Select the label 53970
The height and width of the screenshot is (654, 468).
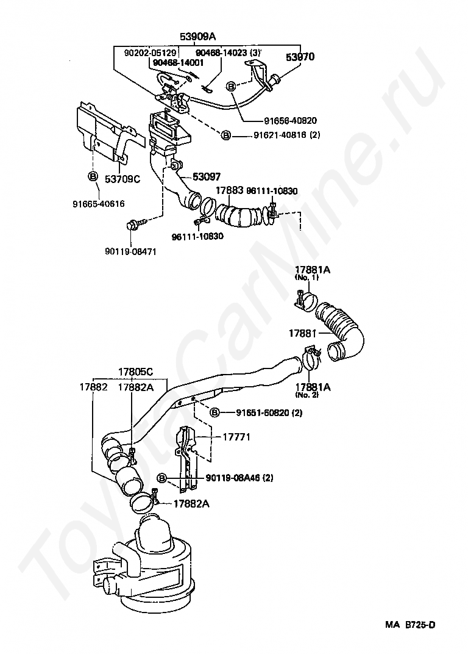pos(300,57)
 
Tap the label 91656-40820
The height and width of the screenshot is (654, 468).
pos(282,120)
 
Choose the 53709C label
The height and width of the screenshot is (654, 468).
pos(122,179)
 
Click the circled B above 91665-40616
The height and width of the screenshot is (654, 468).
pos(93,177)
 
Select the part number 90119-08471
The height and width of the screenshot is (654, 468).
pos(130,251)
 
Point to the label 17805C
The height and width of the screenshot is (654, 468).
pos(135,372)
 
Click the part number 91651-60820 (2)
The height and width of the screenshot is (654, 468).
pos(269,413)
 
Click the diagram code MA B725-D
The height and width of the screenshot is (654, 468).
pos(409,625)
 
